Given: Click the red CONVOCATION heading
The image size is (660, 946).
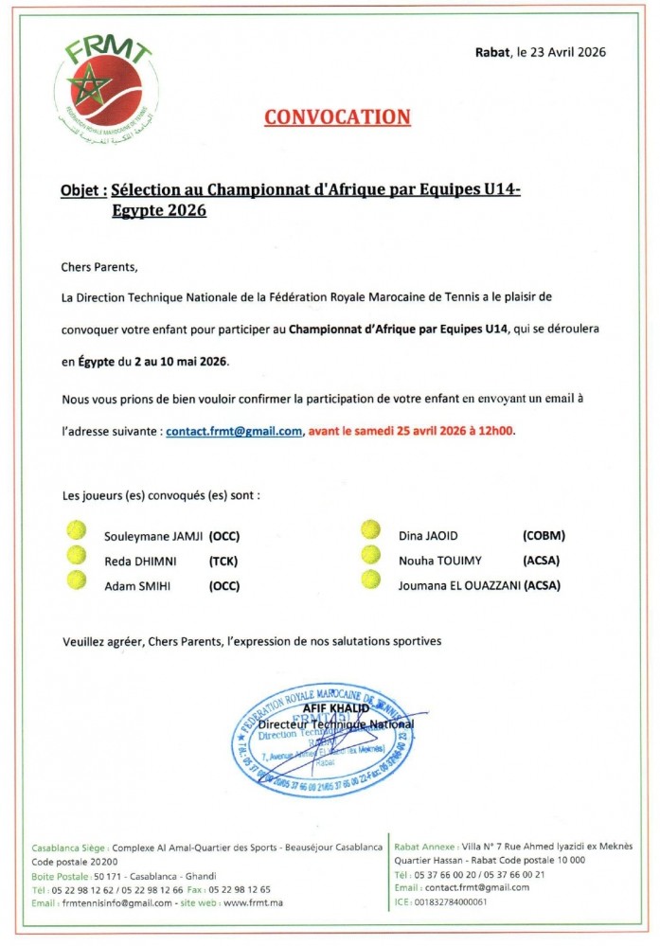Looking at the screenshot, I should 337,117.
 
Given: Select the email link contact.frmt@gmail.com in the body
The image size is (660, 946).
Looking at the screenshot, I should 234,431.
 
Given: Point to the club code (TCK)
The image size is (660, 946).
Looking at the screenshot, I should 223,561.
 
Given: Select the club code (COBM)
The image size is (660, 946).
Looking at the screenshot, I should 544,535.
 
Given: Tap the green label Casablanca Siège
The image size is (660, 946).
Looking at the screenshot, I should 68,846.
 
